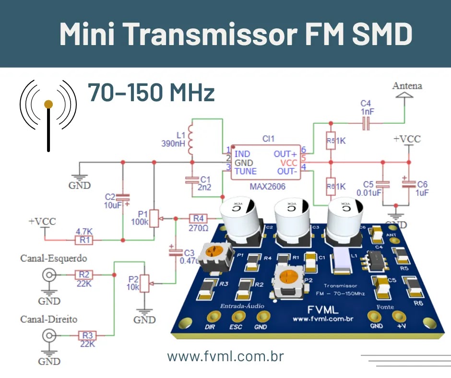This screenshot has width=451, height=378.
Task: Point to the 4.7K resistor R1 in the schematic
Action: coord(84,239)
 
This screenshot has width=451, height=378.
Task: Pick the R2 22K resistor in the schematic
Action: coord(84,275)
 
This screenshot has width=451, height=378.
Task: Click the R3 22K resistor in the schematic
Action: coord(87,335)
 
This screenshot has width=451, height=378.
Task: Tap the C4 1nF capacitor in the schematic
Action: coord(367,124)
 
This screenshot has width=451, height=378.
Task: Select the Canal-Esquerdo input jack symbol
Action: coord(48,275)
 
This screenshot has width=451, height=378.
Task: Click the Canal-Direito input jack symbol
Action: coord(48,335)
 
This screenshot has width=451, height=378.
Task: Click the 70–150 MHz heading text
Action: coord(151,93)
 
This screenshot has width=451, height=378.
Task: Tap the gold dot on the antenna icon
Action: coord(48,104)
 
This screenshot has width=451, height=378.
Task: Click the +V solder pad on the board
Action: coord(398,316)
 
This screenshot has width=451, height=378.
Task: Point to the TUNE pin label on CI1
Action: coord(245,171)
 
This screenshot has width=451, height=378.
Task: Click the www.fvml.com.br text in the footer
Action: coord(225,356)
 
